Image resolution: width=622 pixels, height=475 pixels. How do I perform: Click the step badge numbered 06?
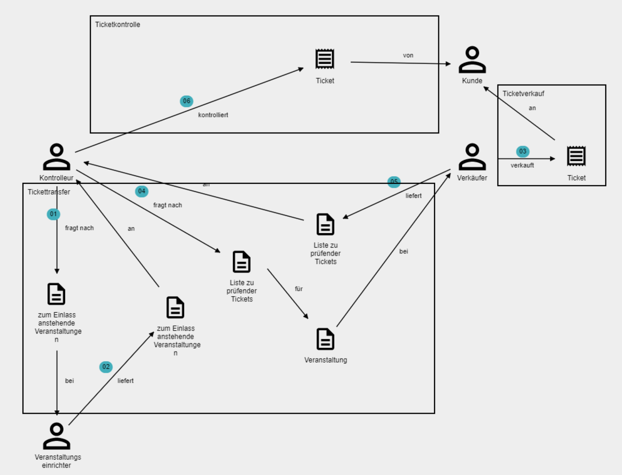click(186, 101)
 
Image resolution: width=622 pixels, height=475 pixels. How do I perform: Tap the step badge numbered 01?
click(54, 214)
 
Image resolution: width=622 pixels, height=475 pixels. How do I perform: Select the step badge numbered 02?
click(106, 367)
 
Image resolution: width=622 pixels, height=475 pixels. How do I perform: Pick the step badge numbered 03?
click(523, 152)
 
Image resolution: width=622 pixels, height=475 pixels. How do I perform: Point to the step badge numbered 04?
click(142, 191)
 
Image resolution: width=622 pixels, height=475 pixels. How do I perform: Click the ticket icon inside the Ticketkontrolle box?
click(325, 59)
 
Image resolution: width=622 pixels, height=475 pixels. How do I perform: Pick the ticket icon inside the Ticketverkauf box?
click(576, 156)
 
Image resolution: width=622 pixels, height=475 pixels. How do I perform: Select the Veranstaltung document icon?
click(325, 339)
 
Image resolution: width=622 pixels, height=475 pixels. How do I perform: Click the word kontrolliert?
click(213, 115)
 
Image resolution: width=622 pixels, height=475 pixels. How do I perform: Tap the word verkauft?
click(522, 166)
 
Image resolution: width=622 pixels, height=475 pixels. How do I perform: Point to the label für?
click(299, 289)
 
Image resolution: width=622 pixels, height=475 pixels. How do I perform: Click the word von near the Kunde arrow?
click(408, 56)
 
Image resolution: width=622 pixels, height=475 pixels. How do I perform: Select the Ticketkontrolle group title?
click(118, 25)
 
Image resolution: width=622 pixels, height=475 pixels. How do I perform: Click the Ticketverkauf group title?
click(523, 94)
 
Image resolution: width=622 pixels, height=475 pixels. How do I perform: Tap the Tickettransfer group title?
click(49, 192)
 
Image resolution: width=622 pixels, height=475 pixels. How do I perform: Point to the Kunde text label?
click(472, 81)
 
